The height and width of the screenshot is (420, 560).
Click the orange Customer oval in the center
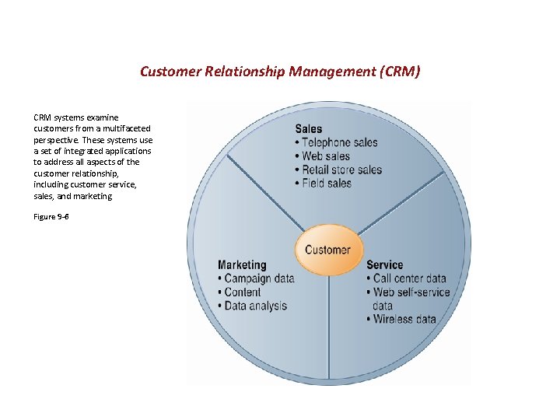pyautogui.click(x=327, y=250)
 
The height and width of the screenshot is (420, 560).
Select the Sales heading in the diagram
pyautogui.click(x=309, y=129)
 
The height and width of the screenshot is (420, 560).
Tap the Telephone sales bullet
pyautogui.click(x=339, y=142)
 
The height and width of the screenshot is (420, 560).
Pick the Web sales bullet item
pyautogui.click(x=325, y=156)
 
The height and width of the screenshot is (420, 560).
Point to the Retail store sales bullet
pyautogui.click(x=341, y=170)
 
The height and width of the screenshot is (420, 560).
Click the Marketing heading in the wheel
pyautogui.click(x=242, y=265)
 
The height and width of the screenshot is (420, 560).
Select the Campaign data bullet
pyautogui.click(x=258, y=278)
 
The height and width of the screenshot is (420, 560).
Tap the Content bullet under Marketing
pyautogui.click(x=242, y=292)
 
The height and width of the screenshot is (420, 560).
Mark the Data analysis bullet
pyautogui.click(x=255, y=306)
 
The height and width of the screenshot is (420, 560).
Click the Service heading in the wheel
pyautogui.click(x=384, y=265)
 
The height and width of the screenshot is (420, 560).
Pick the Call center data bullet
pyautogui.click(x=408, y=278)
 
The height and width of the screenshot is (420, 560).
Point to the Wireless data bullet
pyautogui.click(x=404, y=319)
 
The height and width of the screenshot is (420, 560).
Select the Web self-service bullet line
pyautogui.click(x=411, y=292)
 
